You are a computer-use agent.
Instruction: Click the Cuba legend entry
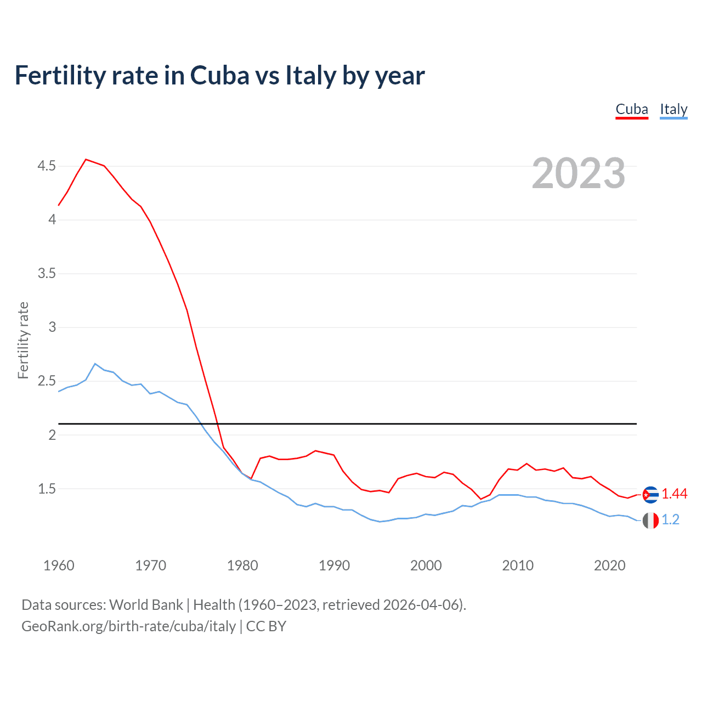click(632, 110)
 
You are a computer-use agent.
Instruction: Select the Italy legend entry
click(673, 110)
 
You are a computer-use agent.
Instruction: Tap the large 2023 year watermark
click(579, 173)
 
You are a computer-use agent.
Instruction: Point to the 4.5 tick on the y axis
click(47, 166)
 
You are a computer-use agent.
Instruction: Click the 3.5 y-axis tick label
click(47, 273)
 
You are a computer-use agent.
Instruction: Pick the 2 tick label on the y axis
click(53, 435)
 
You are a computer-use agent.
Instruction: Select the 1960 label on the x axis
click(59, 565)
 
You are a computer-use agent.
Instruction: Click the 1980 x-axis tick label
click(242, 565)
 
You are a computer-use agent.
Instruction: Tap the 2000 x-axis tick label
click(426, 565)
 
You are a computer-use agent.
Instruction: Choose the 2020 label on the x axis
click(609, 565)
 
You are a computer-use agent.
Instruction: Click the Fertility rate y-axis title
click(23, 340)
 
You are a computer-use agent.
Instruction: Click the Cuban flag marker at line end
click(650, 495)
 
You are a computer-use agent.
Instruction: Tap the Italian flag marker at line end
click(650, 520)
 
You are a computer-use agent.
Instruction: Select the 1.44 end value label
click(675, 494)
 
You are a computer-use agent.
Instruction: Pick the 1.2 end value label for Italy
click(671, 520)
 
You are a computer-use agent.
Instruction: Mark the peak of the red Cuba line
click(86, 160)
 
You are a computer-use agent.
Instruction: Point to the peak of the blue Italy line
click(95, 364)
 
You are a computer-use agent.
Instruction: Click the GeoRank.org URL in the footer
click(128, 626)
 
